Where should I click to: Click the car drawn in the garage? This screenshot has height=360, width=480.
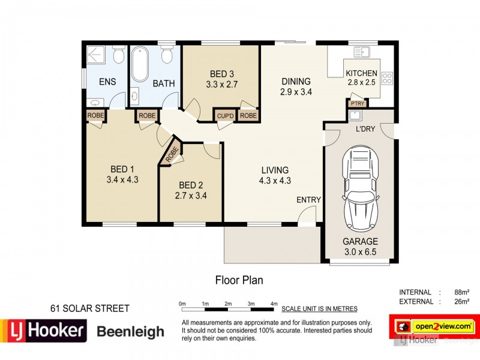click(x=361, y=188)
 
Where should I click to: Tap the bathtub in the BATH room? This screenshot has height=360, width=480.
click(x=140, y=64)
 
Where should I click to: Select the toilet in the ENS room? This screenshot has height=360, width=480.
click(x=118, y=55)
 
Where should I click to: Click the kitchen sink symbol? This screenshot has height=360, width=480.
click(x=362, y=52)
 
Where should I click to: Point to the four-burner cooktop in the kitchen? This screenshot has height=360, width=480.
click(x=387, y=78)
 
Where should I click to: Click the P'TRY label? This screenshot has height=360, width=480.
click(x=358, y=103)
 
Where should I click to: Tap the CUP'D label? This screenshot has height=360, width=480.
click(x=226, y=116)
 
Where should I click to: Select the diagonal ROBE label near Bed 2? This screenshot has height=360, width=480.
click(x=172, y=154)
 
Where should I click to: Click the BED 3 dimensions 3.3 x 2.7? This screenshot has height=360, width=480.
click(x=221, y=84)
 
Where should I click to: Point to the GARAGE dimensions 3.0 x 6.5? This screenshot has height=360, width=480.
click(x=360, y=252)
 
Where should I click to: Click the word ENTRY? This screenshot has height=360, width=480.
click(x=308, y=200)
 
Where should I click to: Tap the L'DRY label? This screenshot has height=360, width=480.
click(x=365, y=129)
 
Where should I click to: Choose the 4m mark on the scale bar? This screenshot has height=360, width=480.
click(x=274, y=304)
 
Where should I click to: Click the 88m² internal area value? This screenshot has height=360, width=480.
click(x=461, y=292)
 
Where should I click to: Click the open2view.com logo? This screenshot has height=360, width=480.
click(x=434, y=326)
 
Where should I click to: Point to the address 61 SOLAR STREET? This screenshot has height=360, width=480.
click(x=90, y=308)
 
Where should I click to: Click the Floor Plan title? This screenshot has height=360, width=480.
click(x=239, y=280)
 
